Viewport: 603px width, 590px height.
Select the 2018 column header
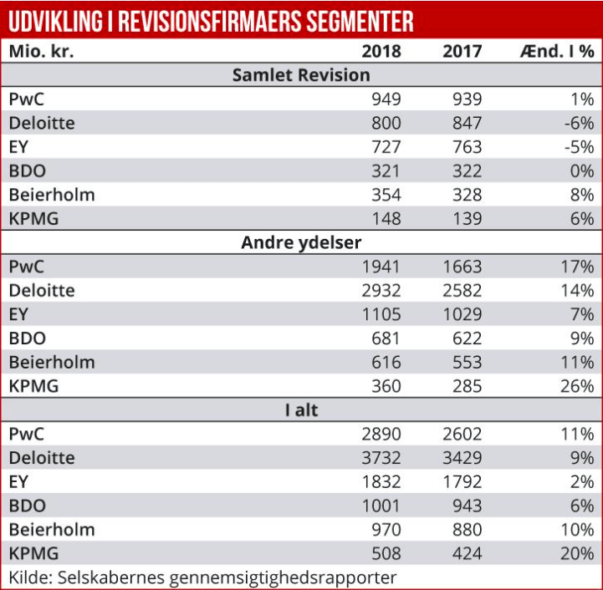coord(381,51)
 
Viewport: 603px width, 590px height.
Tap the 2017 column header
coord(462,51)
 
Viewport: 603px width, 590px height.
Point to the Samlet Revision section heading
coord(301,75)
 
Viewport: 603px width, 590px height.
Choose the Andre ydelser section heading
coord(301,243)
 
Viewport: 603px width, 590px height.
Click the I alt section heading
coord(301,410)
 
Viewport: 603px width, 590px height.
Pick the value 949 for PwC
coord(386,99)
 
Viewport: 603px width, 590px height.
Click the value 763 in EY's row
coord(467,147)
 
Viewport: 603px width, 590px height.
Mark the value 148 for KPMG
coord(386,219)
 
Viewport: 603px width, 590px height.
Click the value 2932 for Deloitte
coord(381,291)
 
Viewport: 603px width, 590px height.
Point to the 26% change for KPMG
coord(577,386)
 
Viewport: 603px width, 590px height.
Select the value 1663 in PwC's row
coord(462,267)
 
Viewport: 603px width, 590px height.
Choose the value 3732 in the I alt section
coord(381,458)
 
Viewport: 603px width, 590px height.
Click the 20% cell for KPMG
coord(577,553)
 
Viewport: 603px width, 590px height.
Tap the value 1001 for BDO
coord(381,506)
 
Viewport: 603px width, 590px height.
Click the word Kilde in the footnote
coord(28,577)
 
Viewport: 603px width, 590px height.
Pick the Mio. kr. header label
coord(42,51)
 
